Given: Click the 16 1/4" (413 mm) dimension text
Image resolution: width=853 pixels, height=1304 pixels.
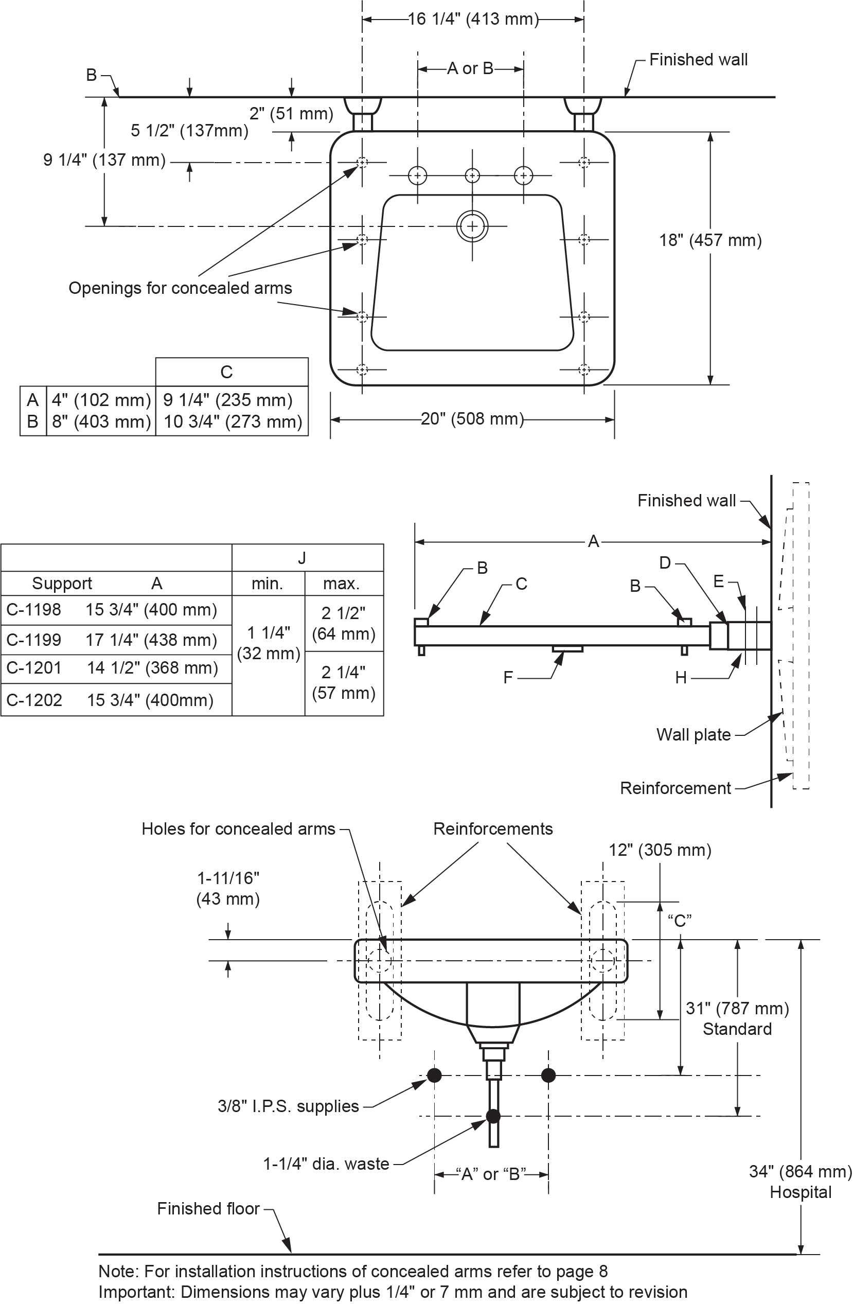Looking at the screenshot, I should coord(473,20).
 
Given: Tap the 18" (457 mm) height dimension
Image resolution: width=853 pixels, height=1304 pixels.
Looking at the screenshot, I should coord(710,240).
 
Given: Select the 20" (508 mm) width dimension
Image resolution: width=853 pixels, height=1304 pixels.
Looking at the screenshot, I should coord(472,419).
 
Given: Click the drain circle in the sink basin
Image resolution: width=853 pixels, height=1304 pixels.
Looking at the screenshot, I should coord(472,226).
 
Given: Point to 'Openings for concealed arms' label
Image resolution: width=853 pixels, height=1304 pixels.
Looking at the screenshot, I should coord(180,288).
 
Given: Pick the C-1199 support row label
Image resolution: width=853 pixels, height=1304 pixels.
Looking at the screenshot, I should coord(34,640).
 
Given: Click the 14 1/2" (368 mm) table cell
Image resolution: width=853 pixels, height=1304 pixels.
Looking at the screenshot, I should coord(152,668).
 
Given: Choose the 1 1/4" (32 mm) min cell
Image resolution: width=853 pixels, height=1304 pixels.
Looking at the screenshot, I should coord(268,643).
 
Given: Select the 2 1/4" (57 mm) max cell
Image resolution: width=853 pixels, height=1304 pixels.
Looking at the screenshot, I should coord(344,683).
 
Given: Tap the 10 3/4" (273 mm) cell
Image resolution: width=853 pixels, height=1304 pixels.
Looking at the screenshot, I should coord(233,422).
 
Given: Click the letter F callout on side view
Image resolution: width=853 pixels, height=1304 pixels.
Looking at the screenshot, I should coord(508,678).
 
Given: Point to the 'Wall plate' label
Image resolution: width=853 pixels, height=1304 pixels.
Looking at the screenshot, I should coord(694,735).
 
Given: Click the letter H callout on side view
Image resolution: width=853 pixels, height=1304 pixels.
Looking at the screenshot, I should coord(681,678).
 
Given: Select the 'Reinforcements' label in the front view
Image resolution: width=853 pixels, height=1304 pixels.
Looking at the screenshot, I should coord(492,829).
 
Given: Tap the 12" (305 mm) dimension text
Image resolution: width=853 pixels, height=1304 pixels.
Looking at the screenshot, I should coord(660,850).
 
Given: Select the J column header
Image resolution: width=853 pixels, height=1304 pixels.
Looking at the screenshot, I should coord(302,558).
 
